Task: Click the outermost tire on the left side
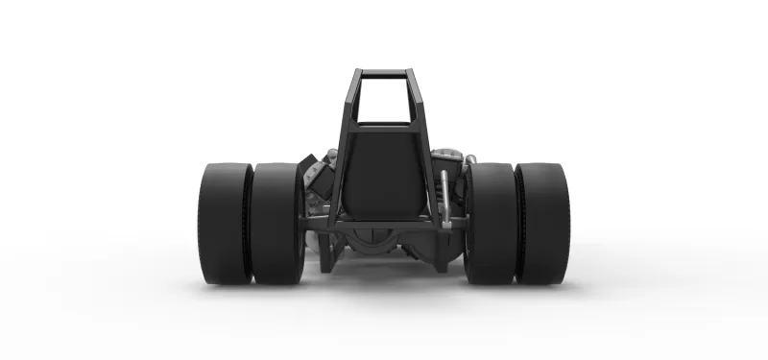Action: pos(226,223)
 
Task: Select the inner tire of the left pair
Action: pos(276,223)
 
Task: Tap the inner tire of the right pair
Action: pos(492,223)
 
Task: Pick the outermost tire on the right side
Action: pos(542,223)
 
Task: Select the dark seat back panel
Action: pos(384,173)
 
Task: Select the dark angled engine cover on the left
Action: pos(313,173)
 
